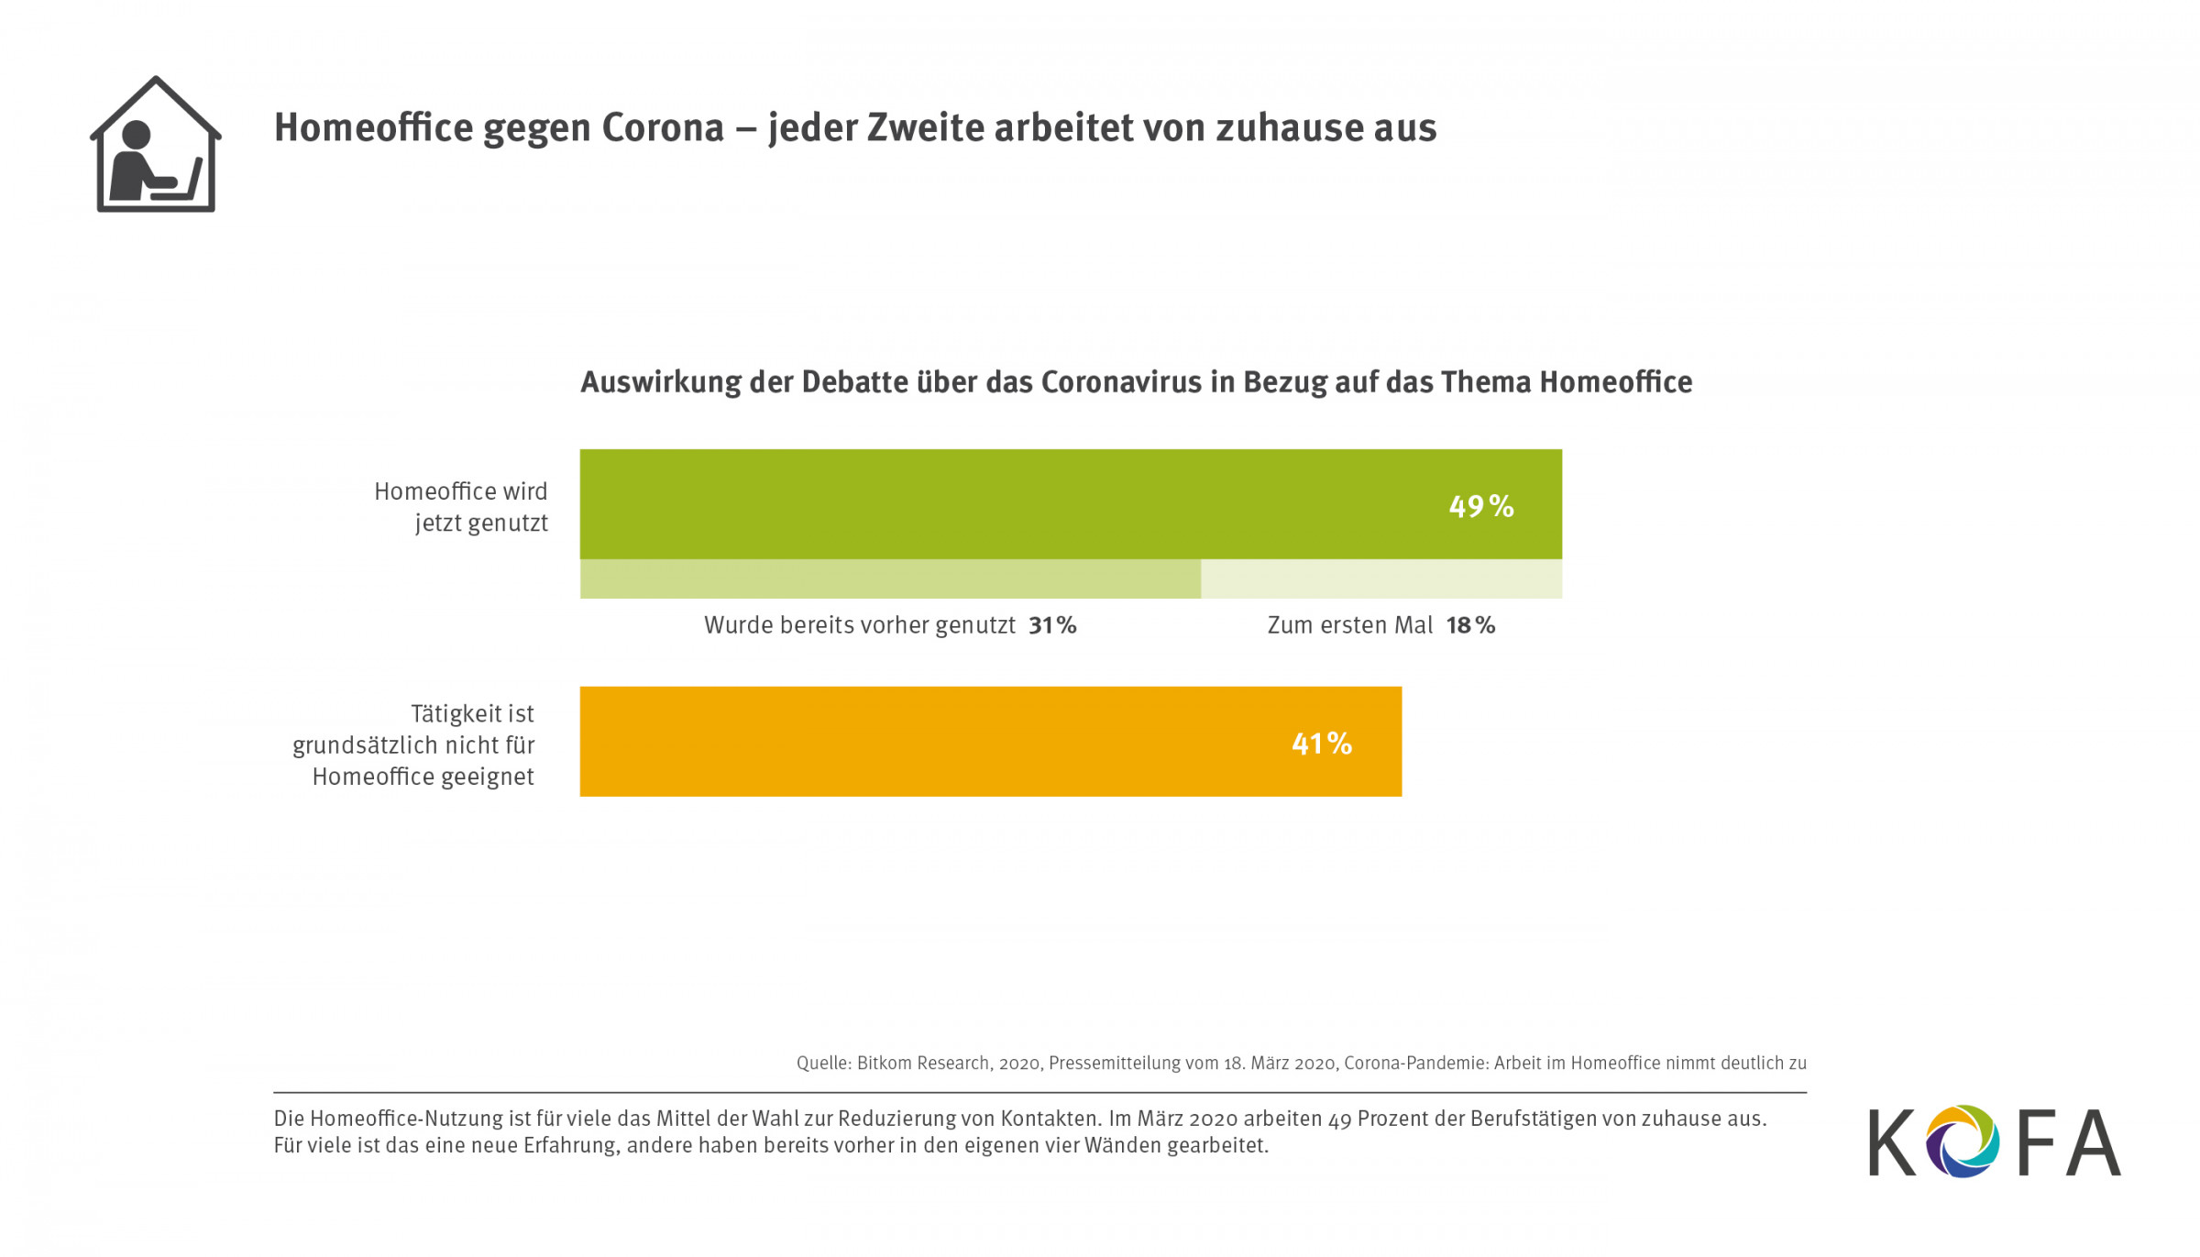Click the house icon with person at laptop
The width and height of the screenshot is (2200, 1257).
[x=156, y=145]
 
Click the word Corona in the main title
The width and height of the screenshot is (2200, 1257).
[x=663, y=127]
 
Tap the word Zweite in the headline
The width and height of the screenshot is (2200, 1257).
[x=925, y=127]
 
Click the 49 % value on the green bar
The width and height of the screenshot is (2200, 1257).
[x=1480, y=506]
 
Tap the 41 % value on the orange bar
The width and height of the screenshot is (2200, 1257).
[x=1321, y=743]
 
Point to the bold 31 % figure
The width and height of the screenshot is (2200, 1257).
[x=1052, y=625]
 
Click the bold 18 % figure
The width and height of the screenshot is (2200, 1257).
[x=1470, y=625]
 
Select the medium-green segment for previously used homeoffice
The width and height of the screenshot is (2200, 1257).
[x=889, y=579]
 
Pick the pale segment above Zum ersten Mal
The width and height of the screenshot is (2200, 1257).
[x=1380, y=579]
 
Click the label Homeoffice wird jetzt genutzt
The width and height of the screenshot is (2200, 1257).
[x=461, y=507]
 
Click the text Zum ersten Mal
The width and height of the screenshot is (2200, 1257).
[x=1349, y=625]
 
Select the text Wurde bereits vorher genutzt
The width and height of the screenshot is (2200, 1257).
[x=859, y=625]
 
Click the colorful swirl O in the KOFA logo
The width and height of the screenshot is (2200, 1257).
[x=1962, y=1141]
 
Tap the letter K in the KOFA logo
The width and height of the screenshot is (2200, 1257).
[x=1892, y=1142]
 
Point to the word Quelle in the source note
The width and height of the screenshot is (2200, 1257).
[x=823, y=1063]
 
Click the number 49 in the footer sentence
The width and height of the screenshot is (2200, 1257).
[x=1339, y=1119]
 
